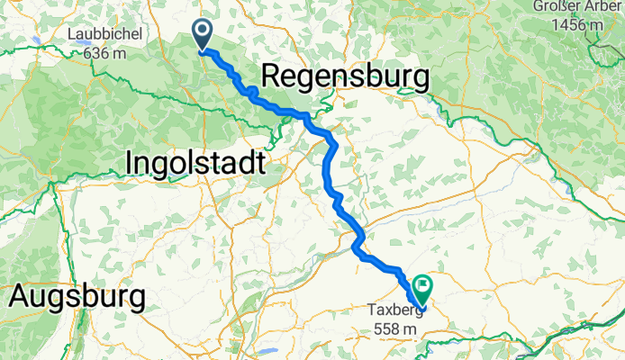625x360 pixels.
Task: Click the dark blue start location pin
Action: [202, 36]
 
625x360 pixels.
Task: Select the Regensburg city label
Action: [344, 77]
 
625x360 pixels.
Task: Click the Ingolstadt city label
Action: [195, 163]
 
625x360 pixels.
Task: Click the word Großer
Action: [558, 7]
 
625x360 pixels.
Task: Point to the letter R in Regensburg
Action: [270, 78]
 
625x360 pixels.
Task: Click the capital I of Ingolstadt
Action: [128, 163]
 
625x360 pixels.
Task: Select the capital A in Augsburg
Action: [18, 295]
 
